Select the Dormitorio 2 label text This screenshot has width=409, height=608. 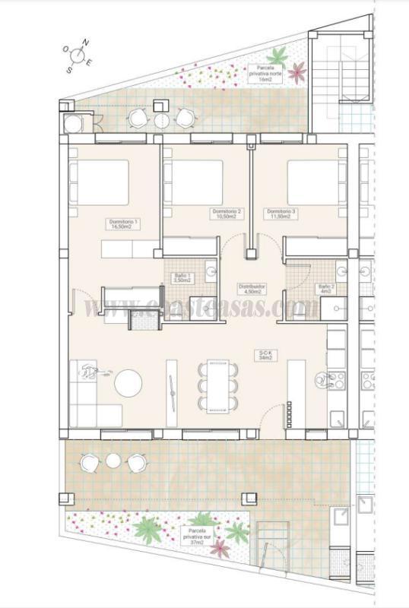click(227, 213)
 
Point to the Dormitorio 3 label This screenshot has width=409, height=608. click(281, 213)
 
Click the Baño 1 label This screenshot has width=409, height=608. click(182, 278)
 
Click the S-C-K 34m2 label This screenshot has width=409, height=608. click(266, 356)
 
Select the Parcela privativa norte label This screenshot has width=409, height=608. click(265, 71)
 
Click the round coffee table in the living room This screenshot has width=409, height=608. click(128, 382)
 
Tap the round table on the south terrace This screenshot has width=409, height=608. click(113, 461)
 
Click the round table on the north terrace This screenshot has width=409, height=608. click(161, 119)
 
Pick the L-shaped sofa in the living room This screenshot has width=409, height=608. click(91, 395)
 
